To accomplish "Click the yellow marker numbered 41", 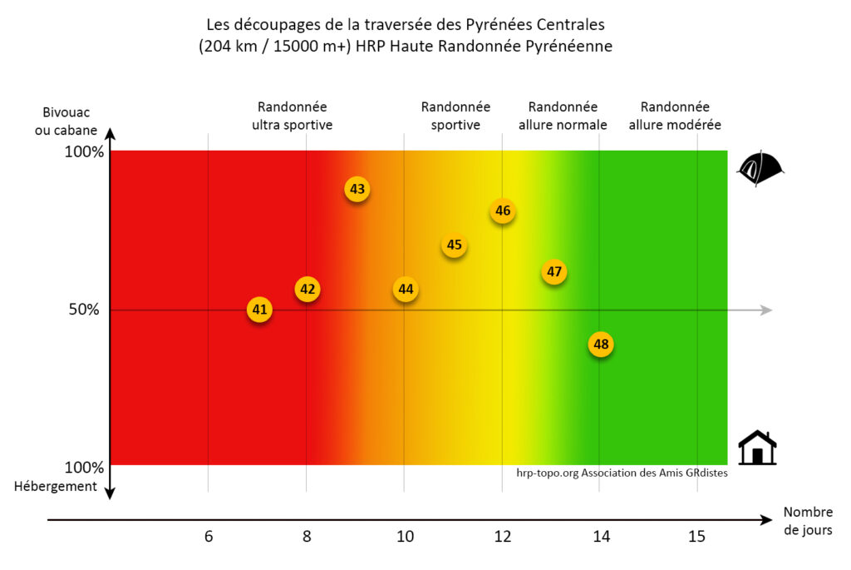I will click(260, 310).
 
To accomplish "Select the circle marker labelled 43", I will click(357, 189).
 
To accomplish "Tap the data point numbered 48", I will click(601, 344).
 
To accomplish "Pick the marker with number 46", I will click(503, 211).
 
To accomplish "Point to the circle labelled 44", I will click(406, 289).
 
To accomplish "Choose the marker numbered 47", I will click(554, 271).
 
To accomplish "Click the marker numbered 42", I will click(307, 289).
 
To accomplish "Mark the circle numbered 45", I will click(454, 245).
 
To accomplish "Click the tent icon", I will click(760, 169).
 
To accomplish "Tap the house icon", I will click(757, 448).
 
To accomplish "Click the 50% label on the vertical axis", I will click(82, 310).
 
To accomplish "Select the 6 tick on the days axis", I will click(209, 537).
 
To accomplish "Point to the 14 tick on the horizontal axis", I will click(601, 537).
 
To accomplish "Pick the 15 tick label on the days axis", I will click(697, 537).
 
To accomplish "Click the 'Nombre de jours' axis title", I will click(807, 521).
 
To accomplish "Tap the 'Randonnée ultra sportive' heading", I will click(292, 116).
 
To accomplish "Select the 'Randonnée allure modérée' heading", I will click(675, 116).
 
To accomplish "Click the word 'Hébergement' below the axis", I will click(56, 486).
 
